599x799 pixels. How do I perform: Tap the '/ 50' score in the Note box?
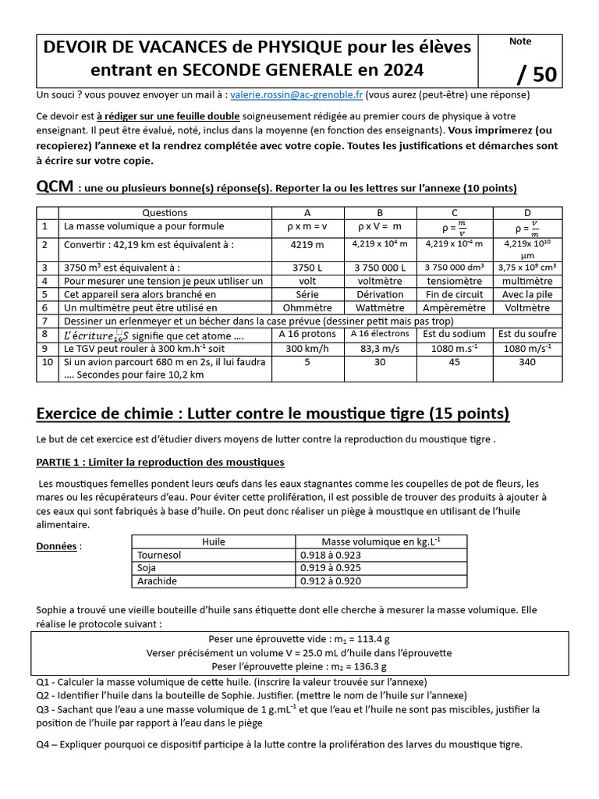point(536,73)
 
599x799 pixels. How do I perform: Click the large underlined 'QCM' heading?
point(55,187)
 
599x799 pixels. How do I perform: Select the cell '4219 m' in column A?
point(306,243)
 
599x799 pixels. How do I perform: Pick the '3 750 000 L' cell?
point(379,267)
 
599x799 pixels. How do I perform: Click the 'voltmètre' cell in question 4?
point(379,280)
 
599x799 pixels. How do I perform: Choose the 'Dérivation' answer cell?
point(379,294)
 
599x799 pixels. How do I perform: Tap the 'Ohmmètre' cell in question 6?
point(306,307)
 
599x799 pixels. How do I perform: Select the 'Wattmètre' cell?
point(379,307)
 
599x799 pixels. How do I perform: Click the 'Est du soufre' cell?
point(526,334)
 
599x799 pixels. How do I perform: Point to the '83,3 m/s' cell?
point(379,348)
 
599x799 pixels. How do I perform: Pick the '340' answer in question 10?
point(526,362)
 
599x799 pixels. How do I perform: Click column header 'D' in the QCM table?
point(526,212)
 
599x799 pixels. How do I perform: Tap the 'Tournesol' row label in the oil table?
point(158,555)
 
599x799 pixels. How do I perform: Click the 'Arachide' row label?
point(157,581)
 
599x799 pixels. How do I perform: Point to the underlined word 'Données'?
point(57,546)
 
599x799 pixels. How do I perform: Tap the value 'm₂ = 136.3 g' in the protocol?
point(299,666)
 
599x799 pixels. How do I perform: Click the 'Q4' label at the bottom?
point(44,744)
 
